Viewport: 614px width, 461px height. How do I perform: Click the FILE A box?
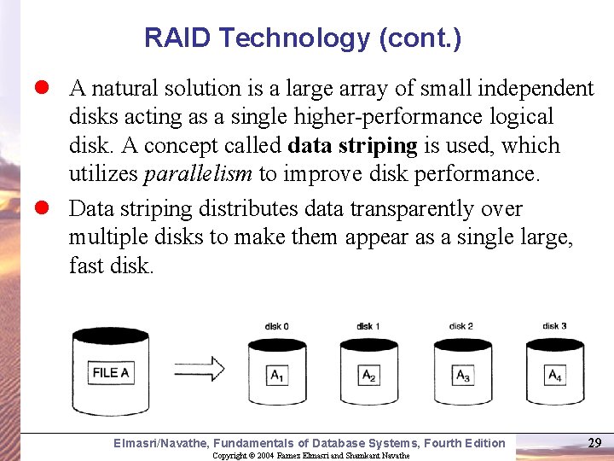(x=111, y=372)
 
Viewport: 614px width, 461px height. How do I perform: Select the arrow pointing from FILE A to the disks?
(x=199, y=369)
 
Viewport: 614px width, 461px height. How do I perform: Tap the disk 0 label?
(x=276, y=326)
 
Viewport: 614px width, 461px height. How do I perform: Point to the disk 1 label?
(x=368, y=326)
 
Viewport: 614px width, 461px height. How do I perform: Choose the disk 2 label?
(x=461, y=326)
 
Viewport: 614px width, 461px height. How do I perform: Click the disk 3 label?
(x=554, y=326)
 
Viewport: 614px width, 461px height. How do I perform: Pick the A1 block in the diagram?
(x=277, y=375)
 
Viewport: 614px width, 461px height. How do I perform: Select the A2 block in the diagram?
(x=369, y=375)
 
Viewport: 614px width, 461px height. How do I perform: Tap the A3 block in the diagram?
(x=463, y=375)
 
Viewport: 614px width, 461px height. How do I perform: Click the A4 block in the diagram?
(x=555, y=375)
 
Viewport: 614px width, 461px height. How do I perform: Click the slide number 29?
(x=595, y=442)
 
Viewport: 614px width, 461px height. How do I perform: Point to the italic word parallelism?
(x=198, y=174)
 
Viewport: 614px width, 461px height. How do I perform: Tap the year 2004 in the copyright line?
(x=265, y=456)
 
